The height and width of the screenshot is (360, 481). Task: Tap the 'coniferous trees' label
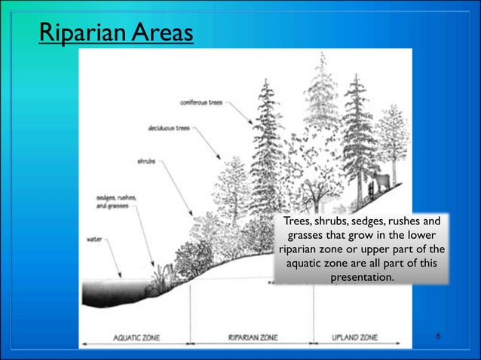click(x=201, y=102)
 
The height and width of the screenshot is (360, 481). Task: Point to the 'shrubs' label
click(x=146, y=160)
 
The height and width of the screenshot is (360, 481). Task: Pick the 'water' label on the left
click(x=95, y=239)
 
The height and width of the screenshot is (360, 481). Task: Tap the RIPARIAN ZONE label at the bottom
click(x=253, y=338)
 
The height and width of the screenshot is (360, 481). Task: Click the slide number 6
click(x=438, y=334)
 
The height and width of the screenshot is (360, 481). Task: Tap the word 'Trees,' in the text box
click(x=298, y=221)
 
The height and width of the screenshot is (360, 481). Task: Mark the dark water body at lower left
click(x=113, y=290)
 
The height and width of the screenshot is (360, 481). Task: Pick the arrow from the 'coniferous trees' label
click(x=240, y=113)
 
